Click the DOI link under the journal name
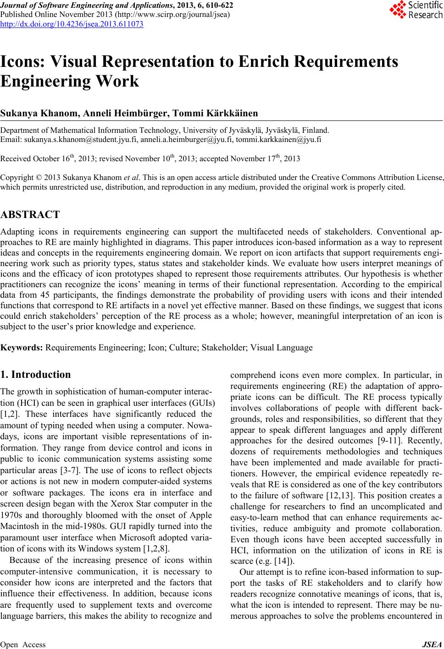pos(72,24)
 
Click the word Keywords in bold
pos(22,347)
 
